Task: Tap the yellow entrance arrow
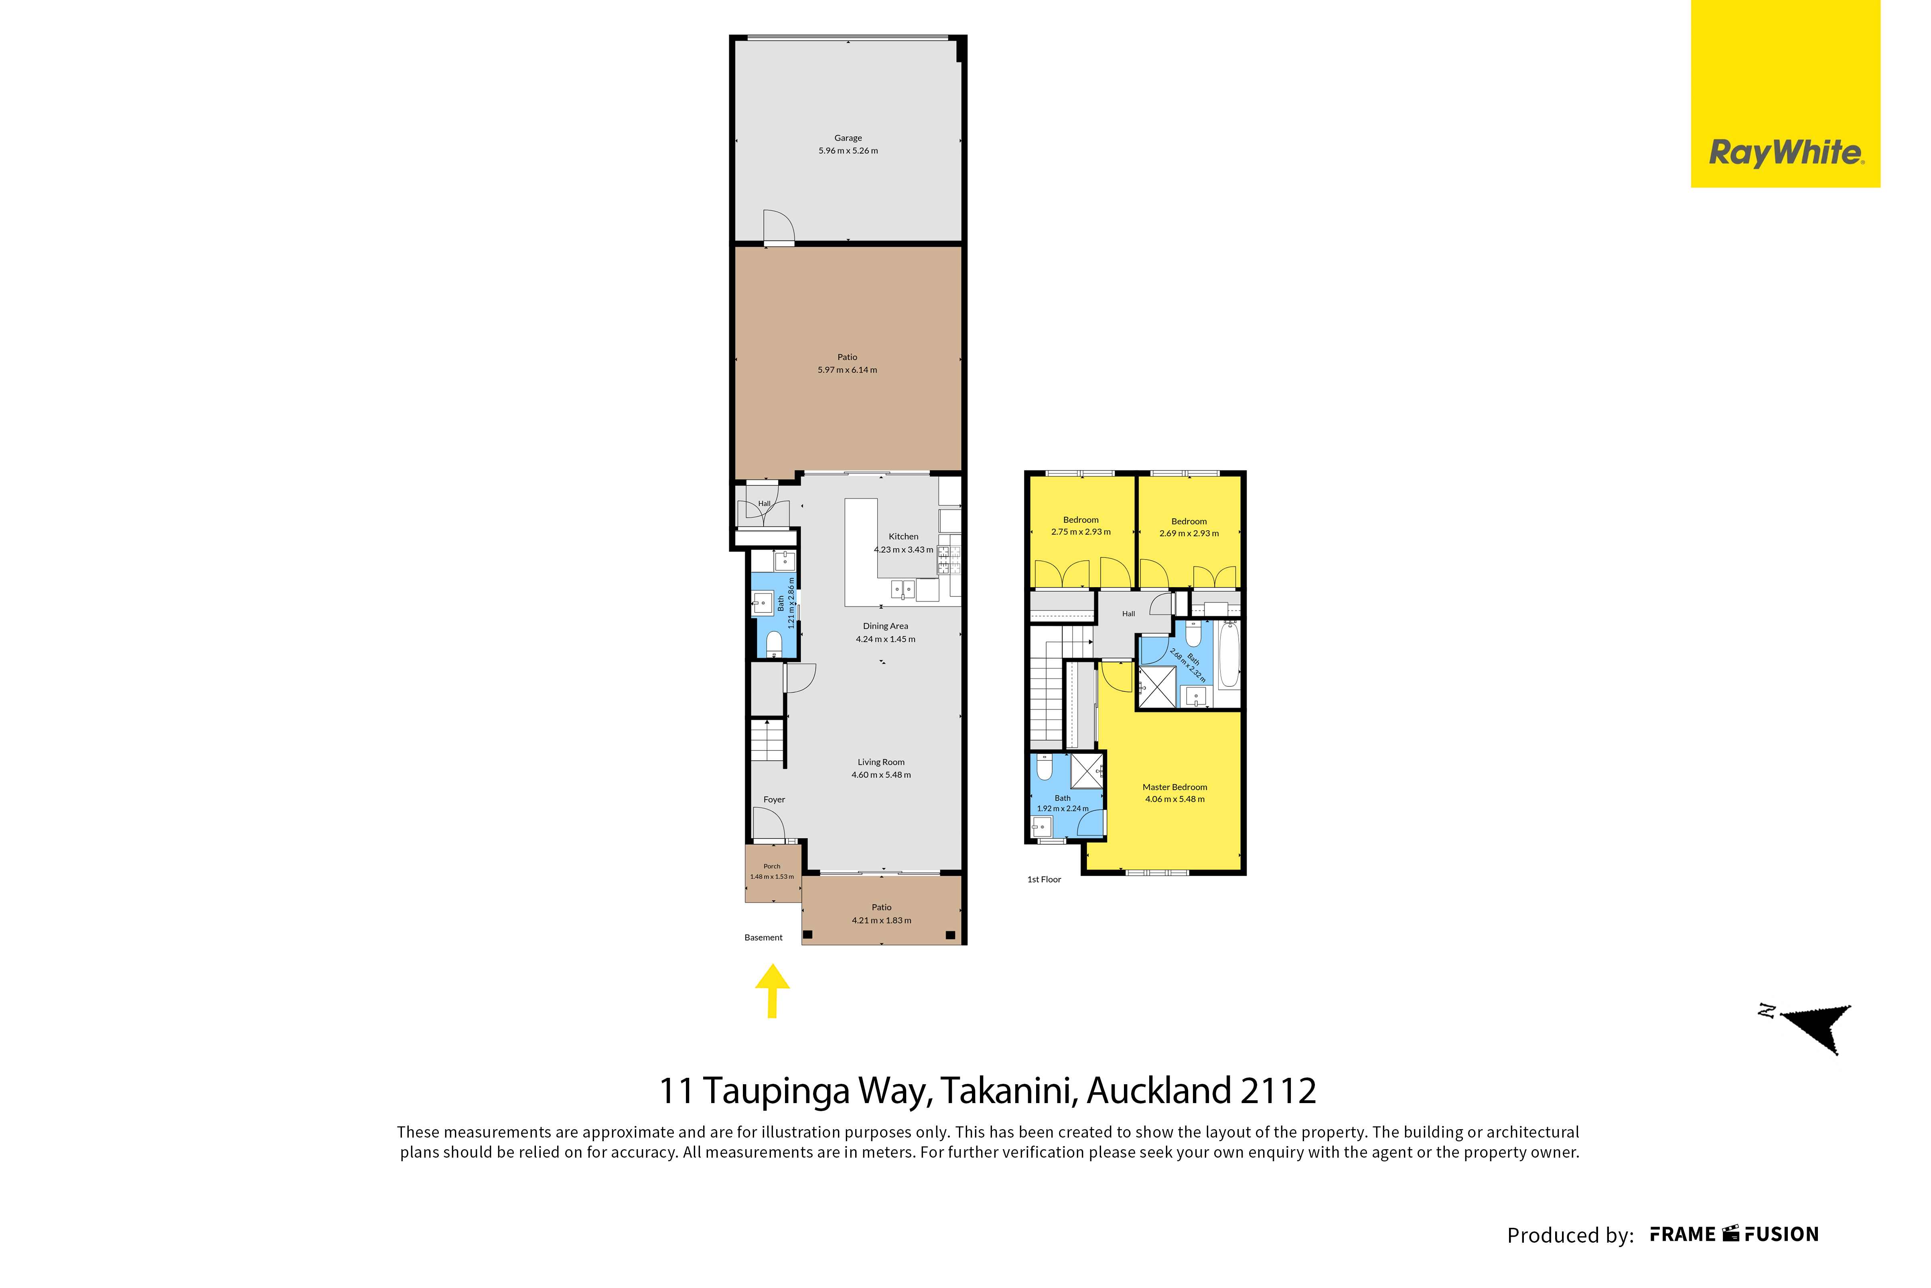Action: (x=772, y=991)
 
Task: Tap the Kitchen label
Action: (x=903, y=536)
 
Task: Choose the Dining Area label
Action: (x=885, y=626)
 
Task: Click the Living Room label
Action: (x=881, y=762)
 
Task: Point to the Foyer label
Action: (x=774, y=799)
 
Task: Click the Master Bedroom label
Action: (x=1174, y=787)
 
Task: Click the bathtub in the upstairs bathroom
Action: (x=1229, y=655)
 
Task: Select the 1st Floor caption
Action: (x=1044, y=880)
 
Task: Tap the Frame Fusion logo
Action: (x=1734, y=1235)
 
